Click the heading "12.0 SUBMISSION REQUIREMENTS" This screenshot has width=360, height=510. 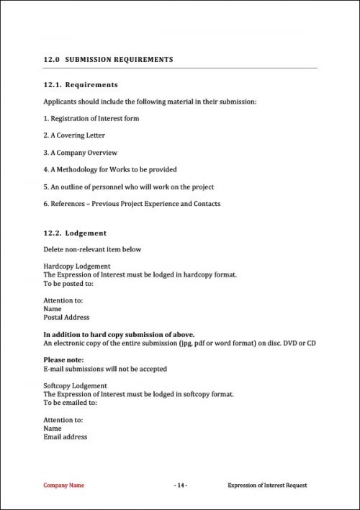[108, 60]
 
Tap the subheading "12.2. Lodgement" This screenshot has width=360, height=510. [76, 233]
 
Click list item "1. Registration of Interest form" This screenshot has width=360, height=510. [91, 119]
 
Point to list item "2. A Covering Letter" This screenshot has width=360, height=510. [74, 135]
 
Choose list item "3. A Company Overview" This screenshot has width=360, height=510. [80, 153]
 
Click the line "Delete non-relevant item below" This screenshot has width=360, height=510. [92, 250]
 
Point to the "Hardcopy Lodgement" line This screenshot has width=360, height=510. [76, 267]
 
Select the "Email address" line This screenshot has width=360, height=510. [66, 437]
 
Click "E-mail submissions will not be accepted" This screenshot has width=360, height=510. [105, 369]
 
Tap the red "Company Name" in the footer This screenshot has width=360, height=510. [64, 486]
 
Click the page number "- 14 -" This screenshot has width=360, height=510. [181, 486]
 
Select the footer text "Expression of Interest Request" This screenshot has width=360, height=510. [266, 486]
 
